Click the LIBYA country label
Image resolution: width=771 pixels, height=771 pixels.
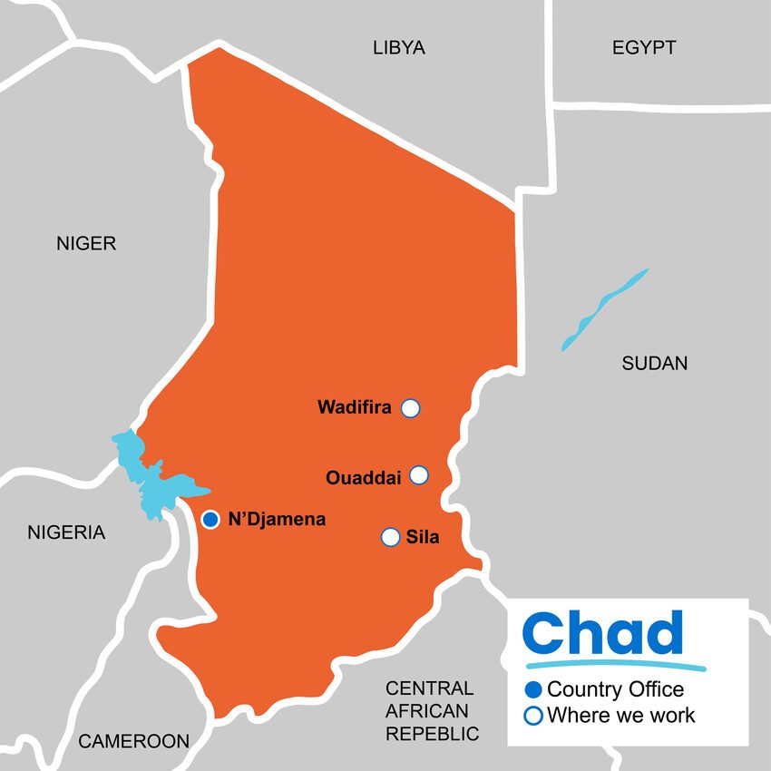[398, 48]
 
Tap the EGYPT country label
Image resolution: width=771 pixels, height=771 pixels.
[643, 48]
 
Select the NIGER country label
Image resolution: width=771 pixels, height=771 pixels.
[86, 243]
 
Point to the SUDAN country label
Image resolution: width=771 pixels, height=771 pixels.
[654, 364]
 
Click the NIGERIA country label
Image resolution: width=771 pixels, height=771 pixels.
[66, 532]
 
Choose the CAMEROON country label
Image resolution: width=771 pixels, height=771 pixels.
[134, 741]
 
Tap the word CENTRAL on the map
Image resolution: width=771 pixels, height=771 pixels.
[429, 688]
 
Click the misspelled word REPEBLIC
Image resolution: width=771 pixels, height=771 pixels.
[433, 734]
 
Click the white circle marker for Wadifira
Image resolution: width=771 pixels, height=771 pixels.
[410, 408]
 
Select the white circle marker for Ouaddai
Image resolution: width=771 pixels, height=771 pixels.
[418, 475]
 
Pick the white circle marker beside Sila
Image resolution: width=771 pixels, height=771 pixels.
[391, 537]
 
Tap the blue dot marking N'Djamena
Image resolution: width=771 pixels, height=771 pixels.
[210, 520]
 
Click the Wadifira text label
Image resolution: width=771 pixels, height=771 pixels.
[354, 408]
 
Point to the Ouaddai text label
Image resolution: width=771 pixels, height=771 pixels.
[363, 477]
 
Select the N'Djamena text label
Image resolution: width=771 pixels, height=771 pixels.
[277, 521]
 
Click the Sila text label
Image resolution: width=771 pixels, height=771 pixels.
[423, 537]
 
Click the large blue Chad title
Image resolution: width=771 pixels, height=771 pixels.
[603, 633]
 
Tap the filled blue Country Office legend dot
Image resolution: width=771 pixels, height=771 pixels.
[533, 689]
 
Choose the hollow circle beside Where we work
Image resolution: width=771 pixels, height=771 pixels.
[533, 715]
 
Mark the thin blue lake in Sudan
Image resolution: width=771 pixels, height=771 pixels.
[603, 309]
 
